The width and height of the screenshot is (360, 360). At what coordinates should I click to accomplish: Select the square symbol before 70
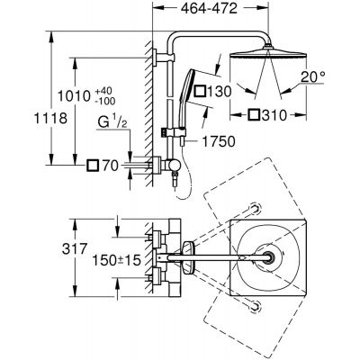click(93, 166)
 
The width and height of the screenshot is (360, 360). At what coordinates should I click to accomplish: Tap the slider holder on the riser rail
click(168, 133)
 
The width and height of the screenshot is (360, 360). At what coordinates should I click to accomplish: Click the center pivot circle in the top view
click(268, 259)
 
